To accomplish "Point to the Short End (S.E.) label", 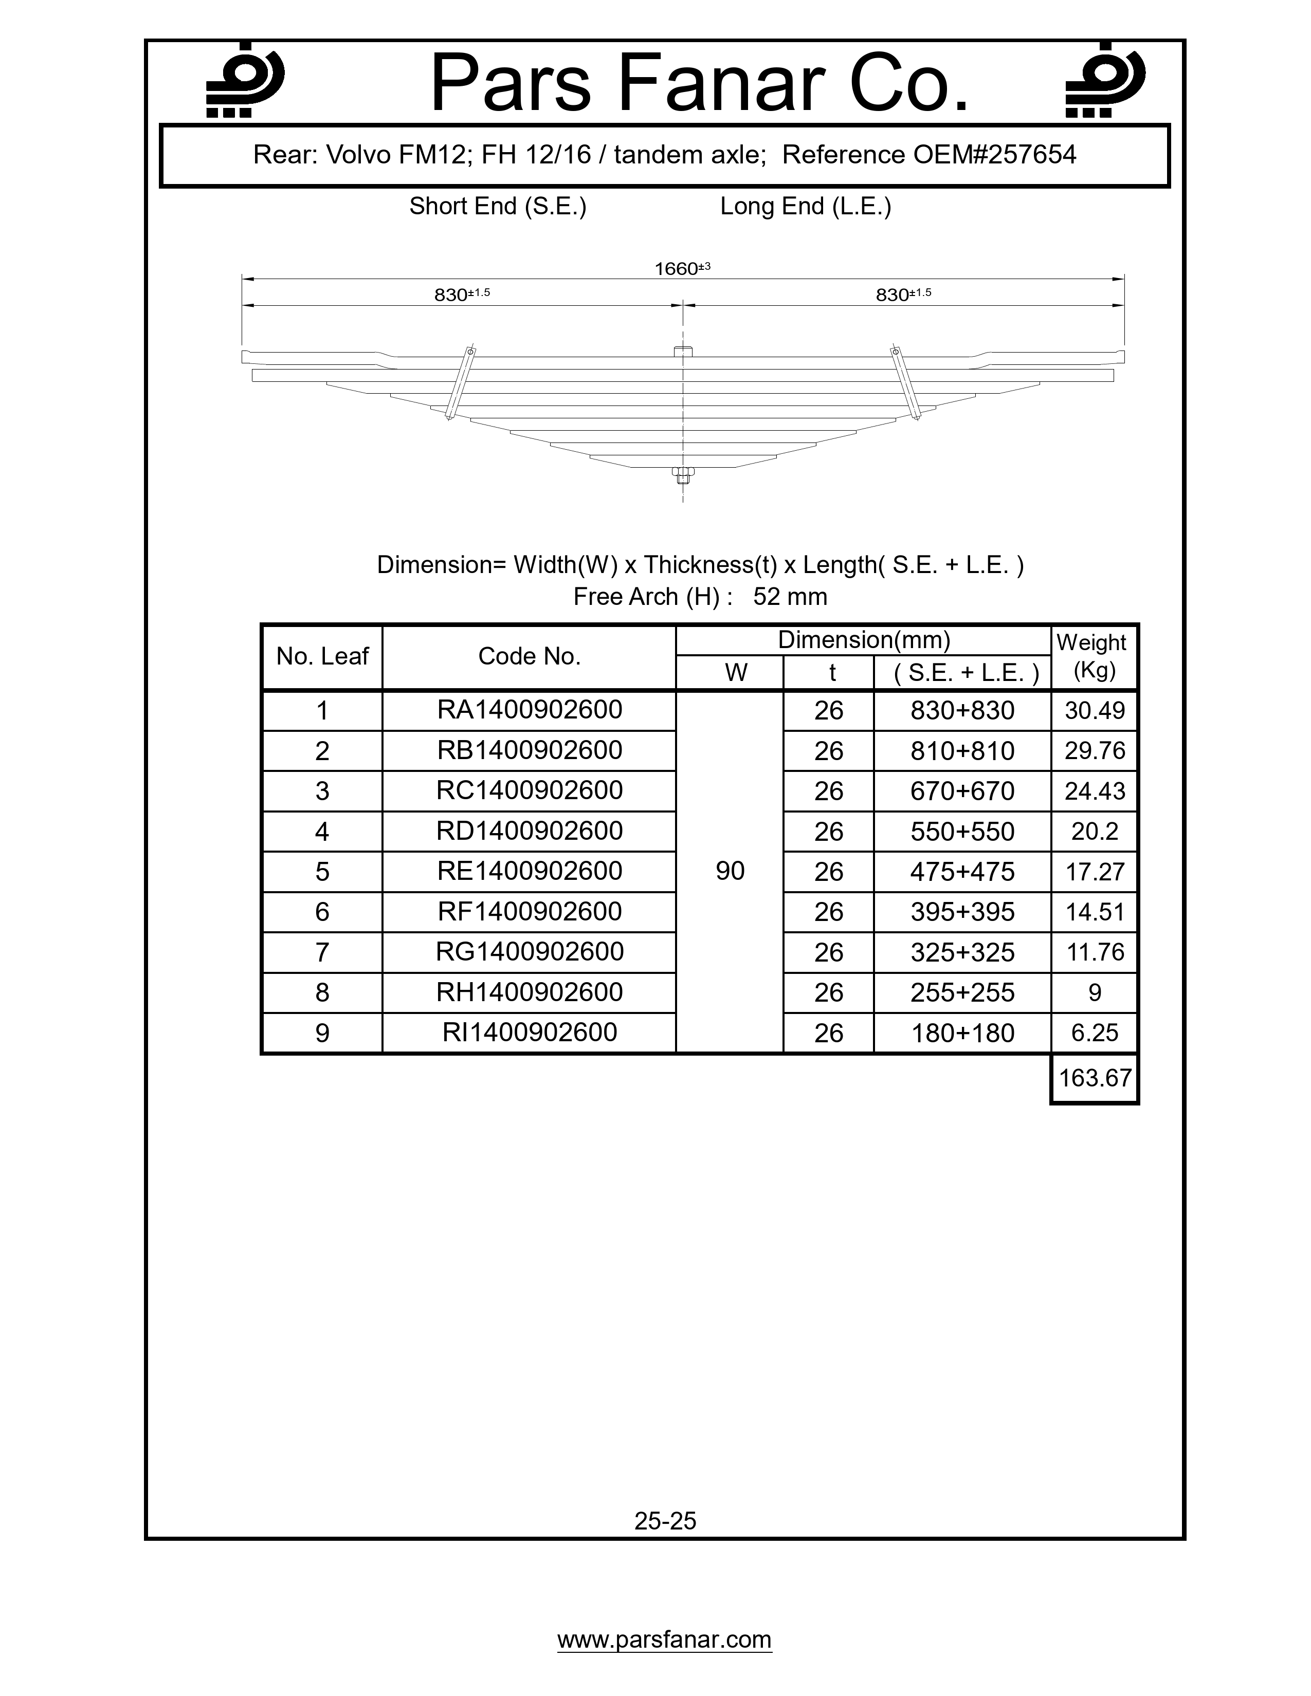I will click(498, 207).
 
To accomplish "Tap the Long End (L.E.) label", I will click(806, 207).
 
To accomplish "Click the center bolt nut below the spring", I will click(683, 474).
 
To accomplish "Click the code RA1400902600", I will click(530, 710).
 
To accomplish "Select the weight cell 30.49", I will click(1095, 711).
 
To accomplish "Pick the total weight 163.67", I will click(1095, 1078).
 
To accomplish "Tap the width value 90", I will click(730, 871).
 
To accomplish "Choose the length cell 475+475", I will click(962, 872).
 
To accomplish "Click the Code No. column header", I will click(530, 657).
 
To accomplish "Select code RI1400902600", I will click(530, 1033).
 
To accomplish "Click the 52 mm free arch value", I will click(790, 597).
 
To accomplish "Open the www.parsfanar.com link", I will click(665, 1640).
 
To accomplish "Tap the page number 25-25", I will click(665, 1521).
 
